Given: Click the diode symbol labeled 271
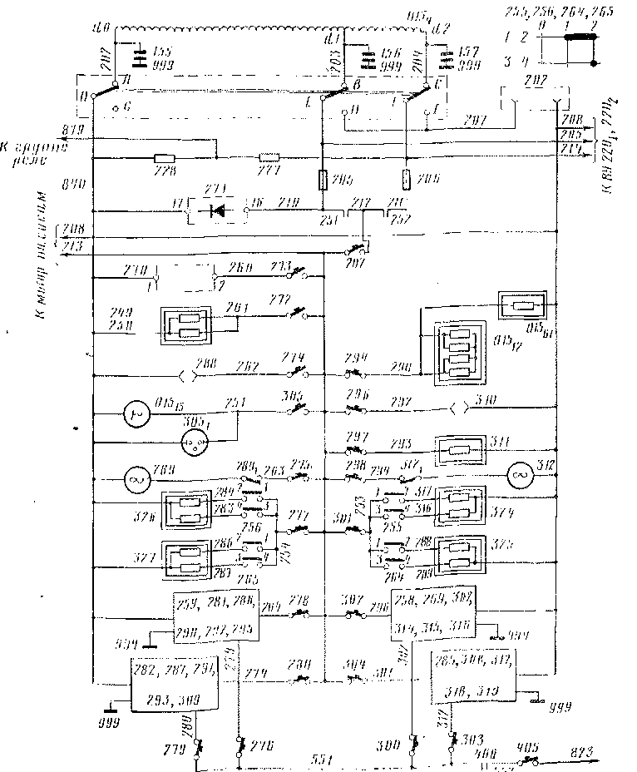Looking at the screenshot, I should (x=220, y=209).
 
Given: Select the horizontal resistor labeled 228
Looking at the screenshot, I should (x=164, y=156).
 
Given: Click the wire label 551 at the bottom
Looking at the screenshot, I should (x=320, y=759).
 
